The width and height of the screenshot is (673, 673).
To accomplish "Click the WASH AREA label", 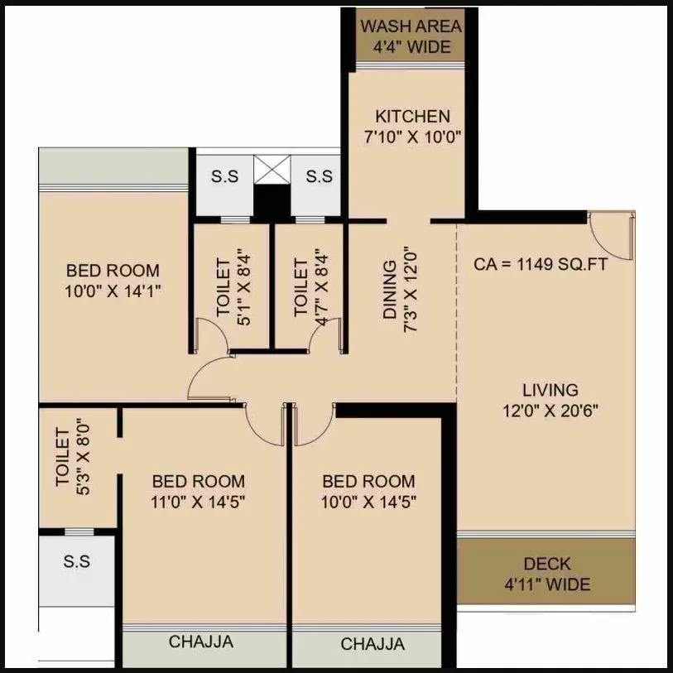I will pyautogui.click(x=411, y=26).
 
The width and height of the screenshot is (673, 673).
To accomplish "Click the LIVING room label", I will pyautogui.click(x=550, y=389).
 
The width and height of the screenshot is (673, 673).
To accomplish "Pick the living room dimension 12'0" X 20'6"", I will pyautogui.click(x=550, y=410).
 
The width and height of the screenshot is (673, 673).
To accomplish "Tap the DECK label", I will pyautogui.click(x=547, y=564).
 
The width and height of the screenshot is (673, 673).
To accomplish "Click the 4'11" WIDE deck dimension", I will pyautogui.click(x=547, y=584).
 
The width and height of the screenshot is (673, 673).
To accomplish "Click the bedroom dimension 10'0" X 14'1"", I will pyautogui.click(x=113, y=291).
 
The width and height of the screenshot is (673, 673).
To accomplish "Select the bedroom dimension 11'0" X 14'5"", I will pyautogui.click(x=199, y=502).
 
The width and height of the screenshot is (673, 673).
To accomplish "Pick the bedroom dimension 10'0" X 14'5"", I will pyautogui.click(x=369, y=502).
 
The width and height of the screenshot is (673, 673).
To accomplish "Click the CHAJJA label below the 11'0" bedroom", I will pyautogui.click(x=201, y=642).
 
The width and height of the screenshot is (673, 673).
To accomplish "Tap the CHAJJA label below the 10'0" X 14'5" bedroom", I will pyautogui.click(x=373, y=643).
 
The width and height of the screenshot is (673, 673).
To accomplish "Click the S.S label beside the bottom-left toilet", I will pyautogui.click(x=77, y=562).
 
